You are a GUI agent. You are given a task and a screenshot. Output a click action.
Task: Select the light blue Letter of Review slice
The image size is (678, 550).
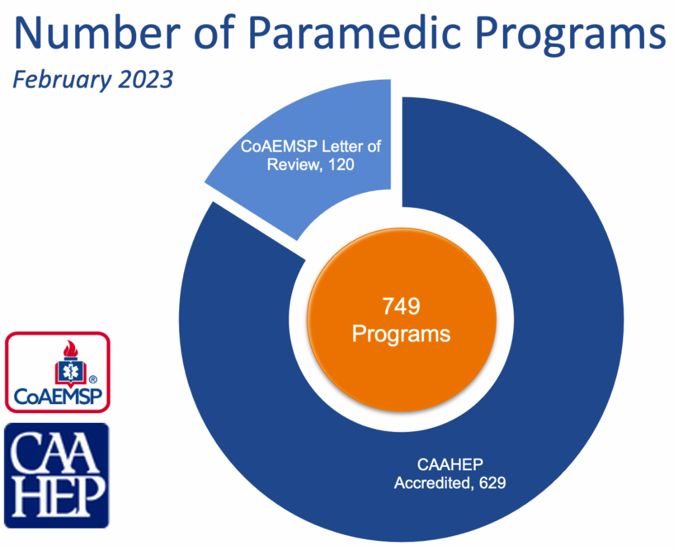pyautogui.click(x=306, y=153)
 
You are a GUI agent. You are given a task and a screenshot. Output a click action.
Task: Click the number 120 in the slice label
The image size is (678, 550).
pyautogui.click(x=341, y=164)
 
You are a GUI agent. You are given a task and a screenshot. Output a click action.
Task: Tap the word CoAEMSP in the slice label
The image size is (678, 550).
pyautogui.click(x=279, y=146)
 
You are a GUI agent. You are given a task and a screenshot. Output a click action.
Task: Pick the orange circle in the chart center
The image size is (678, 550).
pyautogui.click(x=401, y=319)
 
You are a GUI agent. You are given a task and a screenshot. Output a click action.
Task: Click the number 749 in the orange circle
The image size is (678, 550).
pyautogui.click(x=401, y=306)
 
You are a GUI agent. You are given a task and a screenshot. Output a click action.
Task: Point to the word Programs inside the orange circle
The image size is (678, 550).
pyautogui.click(x=401, y=334)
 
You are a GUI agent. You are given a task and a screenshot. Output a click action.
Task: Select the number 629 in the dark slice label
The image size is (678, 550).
pyautogui.click(x=493, y=483)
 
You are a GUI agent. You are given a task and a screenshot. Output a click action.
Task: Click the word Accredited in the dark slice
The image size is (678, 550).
pyautogui.click(x=432, y=483)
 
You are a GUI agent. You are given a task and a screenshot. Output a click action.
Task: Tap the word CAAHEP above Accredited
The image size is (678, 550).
pyautogui.click(x=450, y=465)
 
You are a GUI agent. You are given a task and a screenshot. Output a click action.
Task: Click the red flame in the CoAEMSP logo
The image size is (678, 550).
pyautogui.click(x=71, y=349)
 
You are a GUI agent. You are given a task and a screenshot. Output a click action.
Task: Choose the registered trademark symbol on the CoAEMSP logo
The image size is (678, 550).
pyautogui.click(x=93, y=379)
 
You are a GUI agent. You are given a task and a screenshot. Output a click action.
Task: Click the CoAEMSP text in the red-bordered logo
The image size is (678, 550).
pyautogui.click(x=58, y=396)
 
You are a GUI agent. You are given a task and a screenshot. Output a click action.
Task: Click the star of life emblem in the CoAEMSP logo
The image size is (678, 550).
pyautogui.click(x=71, y=371)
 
